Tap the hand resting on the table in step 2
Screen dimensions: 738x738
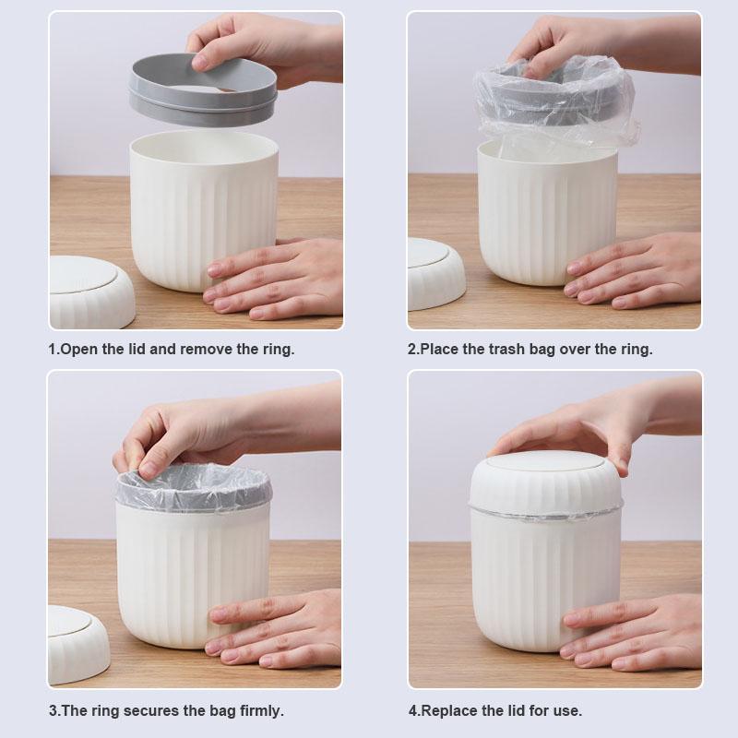coord(637,272)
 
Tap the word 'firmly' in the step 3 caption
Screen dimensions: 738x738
coord(260,711)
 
